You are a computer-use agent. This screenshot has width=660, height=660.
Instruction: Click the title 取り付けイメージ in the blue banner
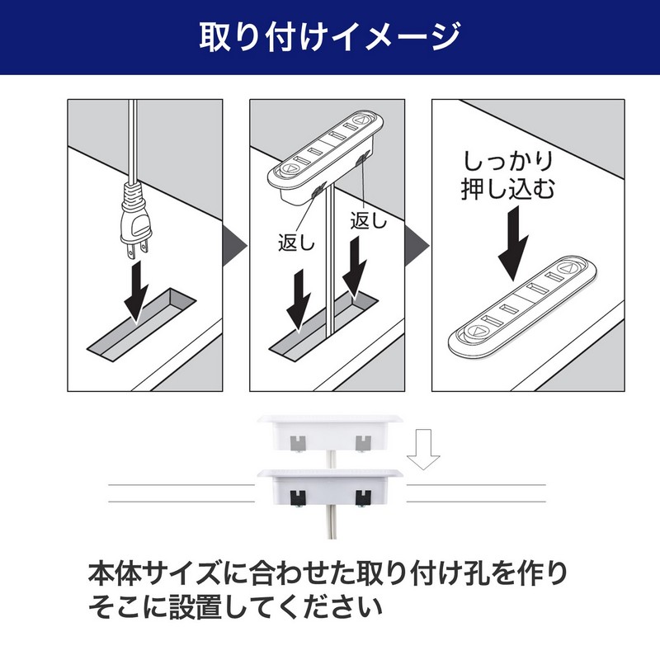pos(330,37)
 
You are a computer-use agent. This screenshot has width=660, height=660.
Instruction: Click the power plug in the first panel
pos(134,222)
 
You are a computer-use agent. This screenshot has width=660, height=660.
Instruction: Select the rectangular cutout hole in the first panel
pos(141,325)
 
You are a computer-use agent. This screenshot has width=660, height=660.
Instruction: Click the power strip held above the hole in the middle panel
pos(325,159)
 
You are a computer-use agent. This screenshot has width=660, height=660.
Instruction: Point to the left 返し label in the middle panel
pos(296,243)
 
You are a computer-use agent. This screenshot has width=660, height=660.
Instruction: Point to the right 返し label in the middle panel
pos(369,220)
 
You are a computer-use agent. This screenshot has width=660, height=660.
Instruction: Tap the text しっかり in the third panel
pos(508,161)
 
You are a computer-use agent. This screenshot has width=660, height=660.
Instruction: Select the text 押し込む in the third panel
pos(508,188)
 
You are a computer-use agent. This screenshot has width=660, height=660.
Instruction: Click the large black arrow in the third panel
pos(513,244)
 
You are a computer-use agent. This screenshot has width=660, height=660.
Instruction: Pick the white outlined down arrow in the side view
pos(423,450)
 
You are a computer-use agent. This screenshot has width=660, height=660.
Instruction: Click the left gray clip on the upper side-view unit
pos(298,443)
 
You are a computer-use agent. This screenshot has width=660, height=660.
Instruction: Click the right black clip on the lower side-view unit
pos(363,497)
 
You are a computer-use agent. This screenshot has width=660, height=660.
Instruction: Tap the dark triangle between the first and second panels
pos(234,246)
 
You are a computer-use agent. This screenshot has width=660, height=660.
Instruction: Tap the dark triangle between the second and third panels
pos(417,246)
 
